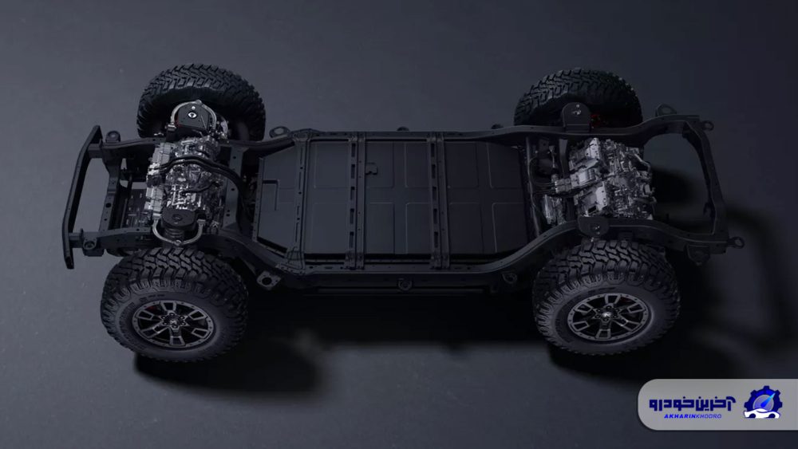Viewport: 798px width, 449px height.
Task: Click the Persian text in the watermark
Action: tap(692, 404)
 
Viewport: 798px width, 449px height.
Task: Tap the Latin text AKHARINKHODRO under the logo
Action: tap(693, 416)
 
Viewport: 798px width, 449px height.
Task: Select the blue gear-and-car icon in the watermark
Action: tap(762, 403)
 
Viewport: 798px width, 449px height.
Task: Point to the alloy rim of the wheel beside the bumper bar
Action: tap(173, 324)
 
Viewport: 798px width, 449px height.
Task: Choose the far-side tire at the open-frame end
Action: tap(579, 96)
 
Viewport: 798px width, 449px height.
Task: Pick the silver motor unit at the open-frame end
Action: tap(601, 178)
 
